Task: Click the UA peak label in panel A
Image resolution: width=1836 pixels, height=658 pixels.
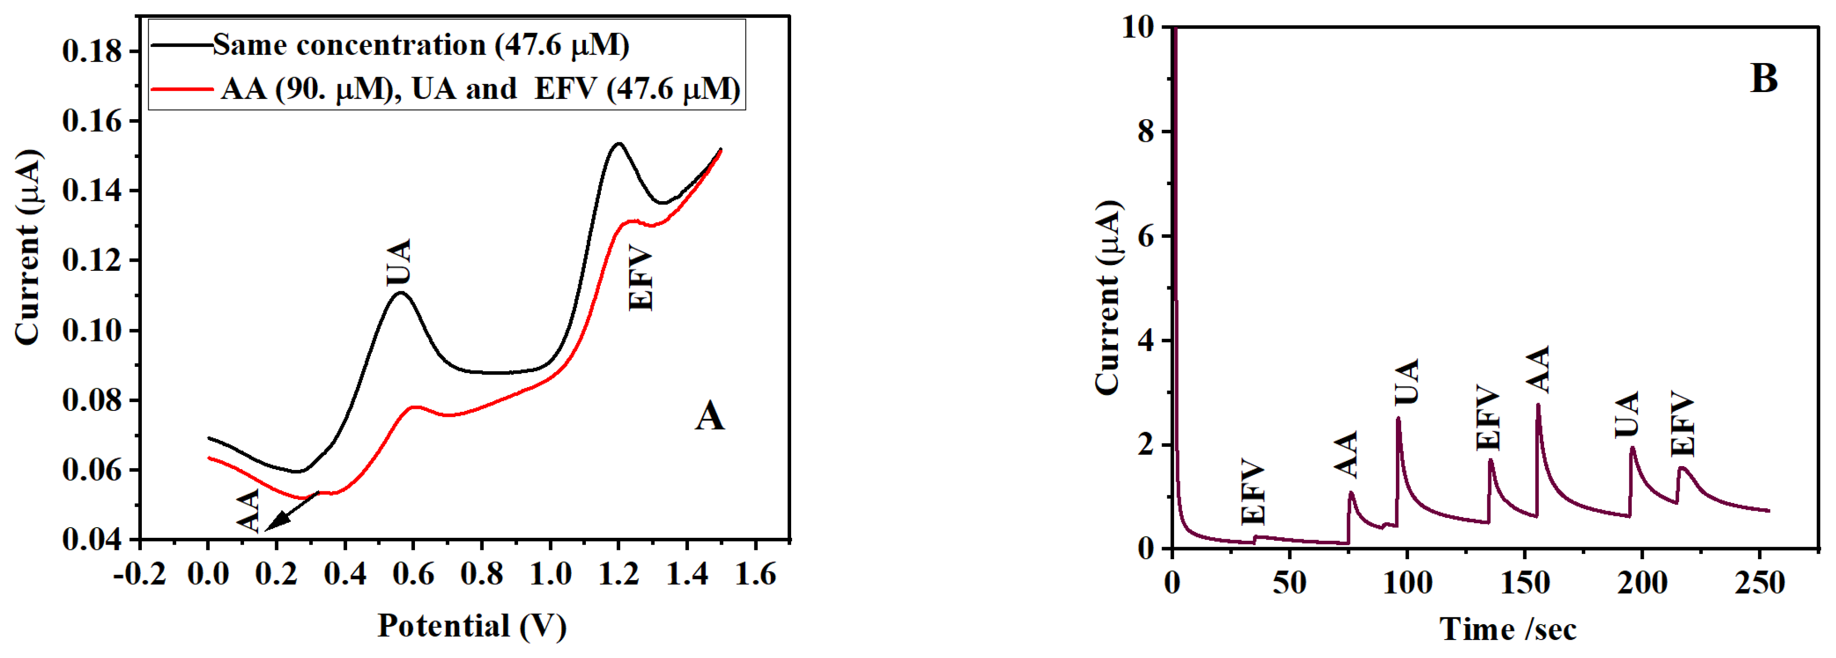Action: point(399,262)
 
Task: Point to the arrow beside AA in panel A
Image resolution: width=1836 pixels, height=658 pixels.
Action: point(291,512)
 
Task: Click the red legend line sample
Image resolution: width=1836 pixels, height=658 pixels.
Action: point(181,90)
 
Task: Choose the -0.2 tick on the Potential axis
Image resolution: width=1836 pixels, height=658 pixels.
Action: point(140,574)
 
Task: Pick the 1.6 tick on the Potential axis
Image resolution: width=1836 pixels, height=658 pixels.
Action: point(755,574)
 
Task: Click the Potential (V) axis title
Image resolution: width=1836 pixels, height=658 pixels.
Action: point(472,626)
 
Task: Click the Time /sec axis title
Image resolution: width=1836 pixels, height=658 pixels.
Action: point(1507,629)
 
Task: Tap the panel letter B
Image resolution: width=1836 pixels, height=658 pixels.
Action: point(1764,78)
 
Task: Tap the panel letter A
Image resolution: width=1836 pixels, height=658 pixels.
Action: point(709,416)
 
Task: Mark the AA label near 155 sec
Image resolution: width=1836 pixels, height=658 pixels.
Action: point(1538,369)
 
